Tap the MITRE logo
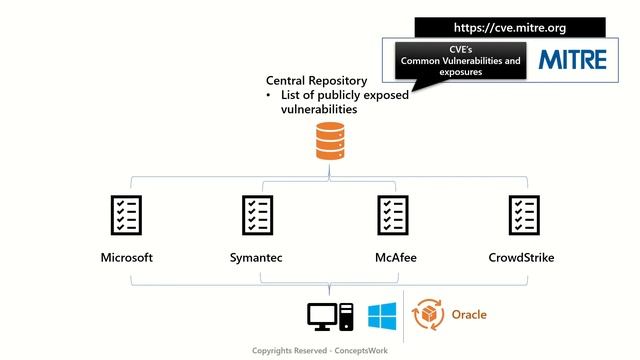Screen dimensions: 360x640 (573, 60)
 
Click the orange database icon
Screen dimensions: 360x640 (329, 141)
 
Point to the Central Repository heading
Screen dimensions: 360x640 (316, 80)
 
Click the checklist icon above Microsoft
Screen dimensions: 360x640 (125, 215)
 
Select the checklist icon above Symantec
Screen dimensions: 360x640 (257, 215)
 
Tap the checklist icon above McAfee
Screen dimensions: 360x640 (391, 215)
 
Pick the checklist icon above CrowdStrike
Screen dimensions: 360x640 (524, 215)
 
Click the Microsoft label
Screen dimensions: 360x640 (126, 258)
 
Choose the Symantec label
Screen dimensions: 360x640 (256, 258)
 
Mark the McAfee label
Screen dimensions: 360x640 (391, 258)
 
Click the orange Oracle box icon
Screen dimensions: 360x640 (430, 314)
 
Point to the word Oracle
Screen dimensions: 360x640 (469, 315)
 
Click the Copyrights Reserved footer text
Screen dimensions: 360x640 (319, 351)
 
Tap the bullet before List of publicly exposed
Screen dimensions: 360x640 (269, 95)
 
